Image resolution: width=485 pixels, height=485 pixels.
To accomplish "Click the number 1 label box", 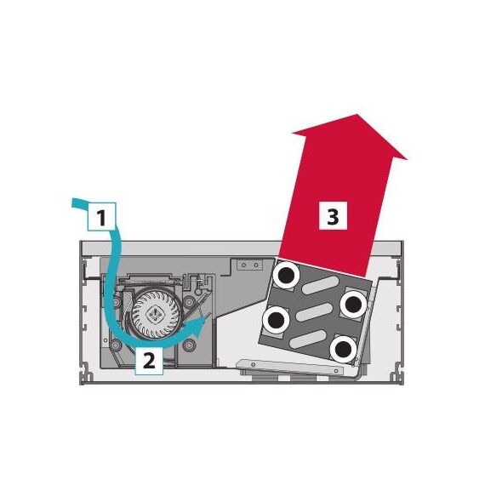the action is click(x=102, y=216).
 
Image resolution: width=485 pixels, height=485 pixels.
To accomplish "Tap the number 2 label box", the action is click(x=149, y=361).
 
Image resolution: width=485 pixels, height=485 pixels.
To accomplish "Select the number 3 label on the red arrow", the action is click(x=333, y=216).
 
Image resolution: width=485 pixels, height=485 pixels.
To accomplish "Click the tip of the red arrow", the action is click(x=358, y=114).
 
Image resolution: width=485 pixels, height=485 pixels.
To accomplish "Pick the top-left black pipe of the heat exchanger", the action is click(x=286, y=276).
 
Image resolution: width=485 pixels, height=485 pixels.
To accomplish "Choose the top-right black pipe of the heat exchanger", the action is click(x=354, y=304).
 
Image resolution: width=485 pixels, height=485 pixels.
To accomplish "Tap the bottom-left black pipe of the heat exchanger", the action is click(x=276, y=320).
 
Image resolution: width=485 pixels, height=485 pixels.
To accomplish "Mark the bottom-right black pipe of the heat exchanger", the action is click(x=344, y=349).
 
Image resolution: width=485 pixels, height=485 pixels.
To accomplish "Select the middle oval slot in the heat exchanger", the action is click(x=314, y=311).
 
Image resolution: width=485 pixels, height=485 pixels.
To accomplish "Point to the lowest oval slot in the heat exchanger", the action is click(x=308, y=339).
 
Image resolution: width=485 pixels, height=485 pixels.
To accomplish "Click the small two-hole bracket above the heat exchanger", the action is click(x=249, y=265).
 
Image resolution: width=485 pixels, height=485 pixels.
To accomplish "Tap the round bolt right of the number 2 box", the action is click(x=189, y=345).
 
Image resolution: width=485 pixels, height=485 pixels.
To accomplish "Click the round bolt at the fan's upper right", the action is click(x=189, y=302).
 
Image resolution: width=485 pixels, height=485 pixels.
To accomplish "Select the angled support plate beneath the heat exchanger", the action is click(x=290, y=368).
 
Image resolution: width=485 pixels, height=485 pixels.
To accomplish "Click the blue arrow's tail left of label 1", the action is click(x=79, y=203).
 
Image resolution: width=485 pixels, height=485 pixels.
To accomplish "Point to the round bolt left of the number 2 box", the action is click(x=116, y=344).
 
